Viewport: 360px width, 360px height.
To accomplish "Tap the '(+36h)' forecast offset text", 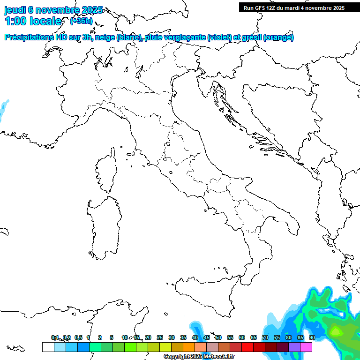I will pyautogui.click(x=81, y=21).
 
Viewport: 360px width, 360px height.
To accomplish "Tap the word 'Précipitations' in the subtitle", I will pyautogui.click(x=29, y=37).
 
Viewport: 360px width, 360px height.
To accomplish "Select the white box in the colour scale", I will pyautogui.click(x=48, y=347).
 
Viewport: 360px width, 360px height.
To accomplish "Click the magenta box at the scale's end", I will pyautogui.click(x=306, y=347).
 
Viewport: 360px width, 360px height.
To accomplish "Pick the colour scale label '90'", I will pyautogui.click(x=312, y=337).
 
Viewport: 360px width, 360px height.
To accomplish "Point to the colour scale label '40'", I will pyautogui.click(x=195, y=337).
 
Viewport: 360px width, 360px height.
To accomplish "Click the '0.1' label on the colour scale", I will pyautogui.click(x=55, y=337).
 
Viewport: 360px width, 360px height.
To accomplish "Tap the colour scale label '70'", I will pyautogui.click(x=265, y=337).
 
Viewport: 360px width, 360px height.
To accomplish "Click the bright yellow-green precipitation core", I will pyautogui.click(x=336, y=332).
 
